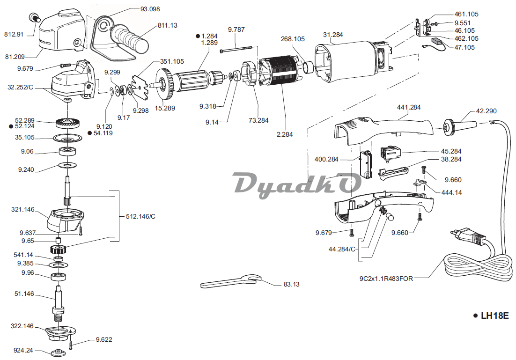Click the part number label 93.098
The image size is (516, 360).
point(150,9)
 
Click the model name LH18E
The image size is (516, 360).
point(494,315)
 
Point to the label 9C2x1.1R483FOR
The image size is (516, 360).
point(386,279)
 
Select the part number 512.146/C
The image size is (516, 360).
point(140,217)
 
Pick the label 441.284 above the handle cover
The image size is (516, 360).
point(409,107)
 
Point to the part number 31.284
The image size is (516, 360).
point(333,35)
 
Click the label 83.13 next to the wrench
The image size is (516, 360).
point(291,284)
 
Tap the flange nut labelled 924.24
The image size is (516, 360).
point(58,352)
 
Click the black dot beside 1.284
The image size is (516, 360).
point(198,36)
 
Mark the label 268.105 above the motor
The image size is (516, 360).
point(293,39)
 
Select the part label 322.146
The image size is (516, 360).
point(22,326)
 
